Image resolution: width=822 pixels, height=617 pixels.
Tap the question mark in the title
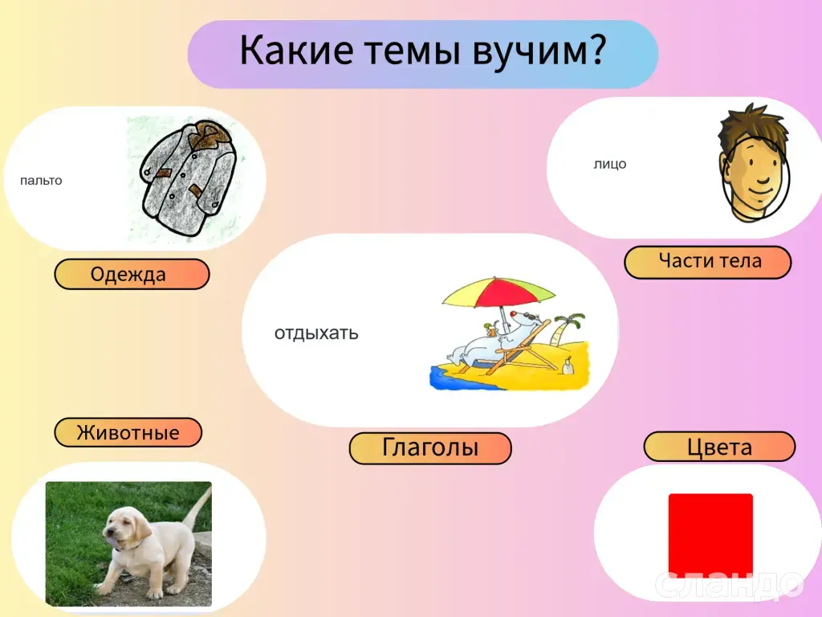pyautogui.click(x=597, y=49)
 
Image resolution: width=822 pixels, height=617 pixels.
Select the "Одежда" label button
pyautogui.click(x=132, y=274)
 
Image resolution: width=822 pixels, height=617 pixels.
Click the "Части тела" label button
pyautogui.click(x=708, y=262)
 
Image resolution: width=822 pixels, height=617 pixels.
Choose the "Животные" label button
pyautogui.click(x=128, y=432)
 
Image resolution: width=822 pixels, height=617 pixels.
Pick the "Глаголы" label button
pyautogui.click(x=430, y=448)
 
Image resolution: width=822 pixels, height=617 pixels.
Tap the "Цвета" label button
pyautogui.click(x=719, y=447)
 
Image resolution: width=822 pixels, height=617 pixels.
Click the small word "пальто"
pyautogui.click(x=41, y=181)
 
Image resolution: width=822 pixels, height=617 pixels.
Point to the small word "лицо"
pyautogui.click(x=610, y=164)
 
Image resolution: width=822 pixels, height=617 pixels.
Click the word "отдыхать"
pyautogui.click(x=316, y=333)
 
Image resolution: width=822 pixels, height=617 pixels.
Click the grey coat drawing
pyautogui.click(x=188, y=178)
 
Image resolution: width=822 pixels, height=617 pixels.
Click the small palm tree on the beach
pyautogui.click(x=569, y=328)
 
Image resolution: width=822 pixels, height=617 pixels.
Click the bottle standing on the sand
pyautogui.click(x=567, y=366)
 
